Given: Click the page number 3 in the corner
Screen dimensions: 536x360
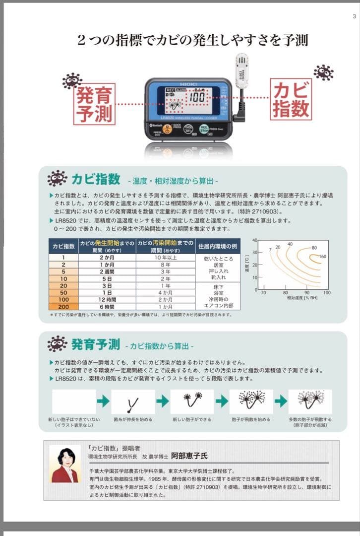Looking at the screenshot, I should [354, 16].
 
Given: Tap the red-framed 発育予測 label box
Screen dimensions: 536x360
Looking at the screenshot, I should [94, 104].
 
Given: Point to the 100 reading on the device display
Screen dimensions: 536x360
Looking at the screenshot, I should [197, 97].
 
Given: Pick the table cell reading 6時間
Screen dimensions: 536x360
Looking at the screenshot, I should [107, 306].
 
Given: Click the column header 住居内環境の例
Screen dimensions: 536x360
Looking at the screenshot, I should [218, 246].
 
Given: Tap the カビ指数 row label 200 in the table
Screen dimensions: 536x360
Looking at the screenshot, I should [63, 306].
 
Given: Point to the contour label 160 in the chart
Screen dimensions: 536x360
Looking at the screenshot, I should [322, 257].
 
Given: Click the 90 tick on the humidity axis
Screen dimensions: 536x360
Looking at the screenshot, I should [306, 293].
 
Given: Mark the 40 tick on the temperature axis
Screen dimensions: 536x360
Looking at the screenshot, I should [255, 241].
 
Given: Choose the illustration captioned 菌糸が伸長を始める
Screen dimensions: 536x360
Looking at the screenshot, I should [133, 402].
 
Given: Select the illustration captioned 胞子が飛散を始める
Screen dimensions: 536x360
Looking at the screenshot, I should [251, 402].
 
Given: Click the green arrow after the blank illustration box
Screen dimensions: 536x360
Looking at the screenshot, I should [103, 401].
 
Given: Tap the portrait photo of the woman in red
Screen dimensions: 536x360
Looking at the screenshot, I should [65, 464].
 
